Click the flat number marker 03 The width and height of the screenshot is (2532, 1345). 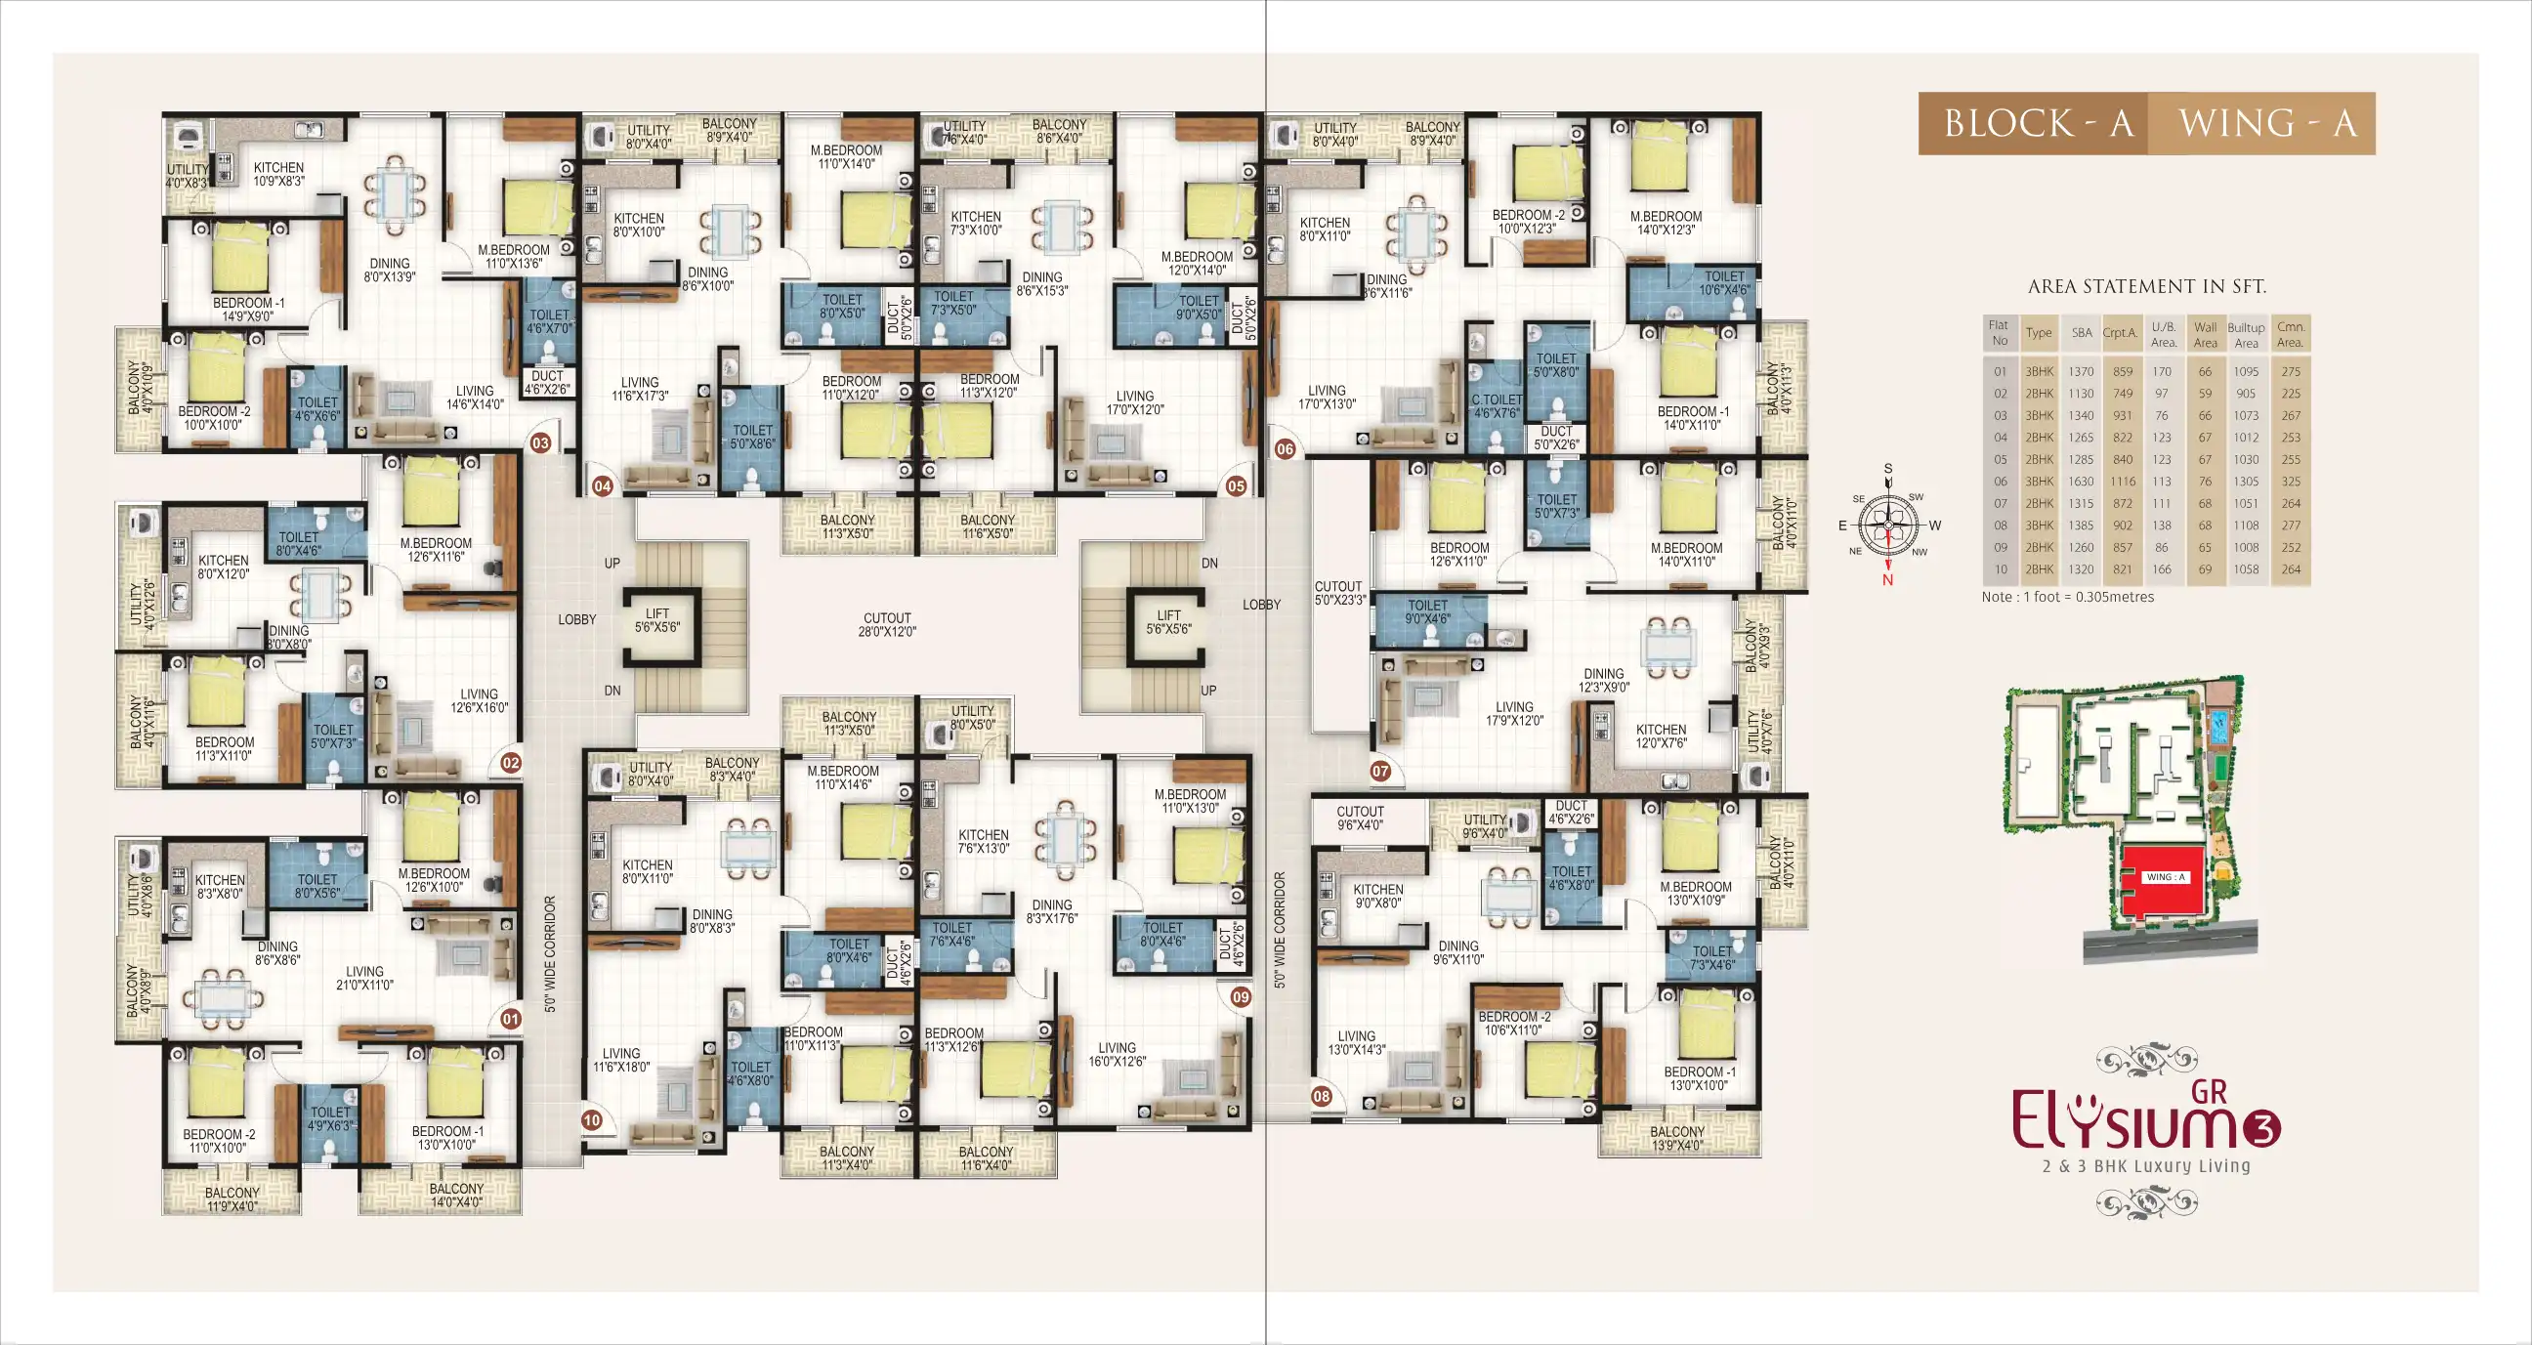point(540,443)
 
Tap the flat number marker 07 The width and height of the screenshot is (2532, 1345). point(1380,771)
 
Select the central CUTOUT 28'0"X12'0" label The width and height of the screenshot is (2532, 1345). point(887,625)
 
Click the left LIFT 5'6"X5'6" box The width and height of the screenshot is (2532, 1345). point(656,620)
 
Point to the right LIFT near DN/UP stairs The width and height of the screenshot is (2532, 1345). point(1167,622)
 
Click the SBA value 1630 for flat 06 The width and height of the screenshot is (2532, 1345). point(2081,482)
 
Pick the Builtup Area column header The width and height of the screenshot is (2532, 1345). point(2246,335)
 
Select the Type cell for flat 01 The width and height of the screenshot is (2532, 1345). point(2039,371)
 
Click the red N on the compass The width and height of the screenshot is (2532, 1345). point(1887,580)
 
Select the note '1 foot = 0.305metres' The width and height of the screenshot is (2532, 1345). point(2067,597)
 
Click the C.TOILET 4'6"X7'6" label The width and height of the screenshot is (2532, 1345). point(1496,406)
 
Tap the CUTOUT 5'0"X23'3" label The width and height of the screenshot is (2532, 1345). point(1339,593)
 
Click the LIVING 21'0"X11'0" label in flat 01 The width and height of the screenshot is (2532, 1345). point(364,978)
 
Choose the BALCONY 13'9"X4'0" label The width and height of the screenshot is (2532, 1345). point(1677,1139)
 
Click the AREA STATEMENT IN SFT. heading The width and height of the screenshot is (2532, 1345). point(2147,286)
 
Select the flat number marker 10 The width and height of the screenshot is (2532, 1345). point(592,1119)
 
